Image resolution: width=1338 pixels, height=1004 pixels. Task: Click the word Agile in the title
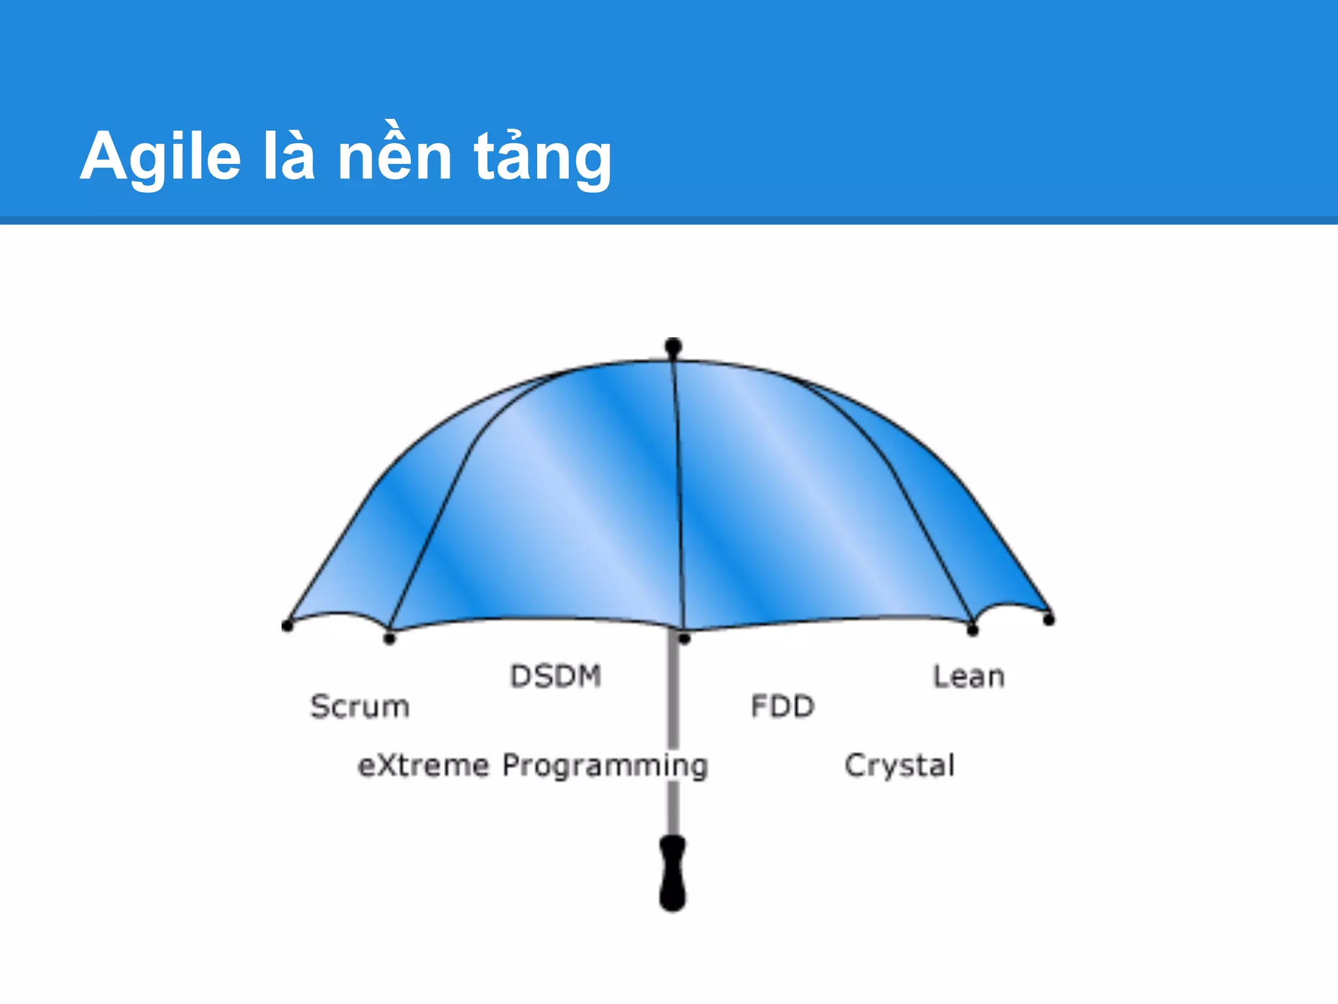click(x=161, y=157)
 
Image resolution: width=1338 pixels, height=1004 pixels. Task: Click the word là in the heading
click(x=289, y=157)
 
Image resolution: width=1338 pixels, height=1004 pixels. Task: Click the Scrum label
click(x=359, y=707)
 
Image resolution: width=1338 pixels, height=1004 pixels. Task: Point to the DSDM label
click(x=555, y=677)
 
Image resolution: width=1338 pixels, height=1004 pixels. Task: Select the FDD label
click(x=783, y=707)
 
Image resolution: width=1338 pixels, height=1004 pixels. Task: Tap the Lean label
click(x=968, y=677)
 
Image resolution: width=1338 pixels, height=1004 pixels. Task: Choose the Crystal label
click(x=900, y=765)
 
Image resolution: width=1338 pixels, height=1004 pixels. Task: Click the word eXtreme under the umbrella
click(x=423, y=765)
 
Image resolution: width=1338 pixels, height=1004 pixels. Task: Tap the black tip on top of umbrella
click(x=674, y=346)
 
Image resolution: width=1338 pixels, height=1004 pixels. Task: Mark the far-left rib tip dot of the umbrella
click(x=287, y=626)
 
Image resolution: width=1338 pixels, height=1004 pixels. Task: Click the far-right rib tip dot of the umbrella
click(x=1049, y=619)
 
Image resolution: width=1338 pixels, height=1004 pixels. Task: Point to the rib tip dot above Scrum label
click(x=389, y=638)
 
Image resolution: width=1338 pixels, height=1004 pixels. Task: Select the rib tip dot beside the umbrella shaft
click(x=684, y=639)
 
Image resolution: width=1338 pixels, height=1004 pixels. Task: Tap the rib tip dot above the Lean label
click(x=972, y=630)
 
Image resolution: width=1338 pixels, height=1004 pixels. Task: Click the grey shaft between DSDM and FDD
click(x=673, y=693)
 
